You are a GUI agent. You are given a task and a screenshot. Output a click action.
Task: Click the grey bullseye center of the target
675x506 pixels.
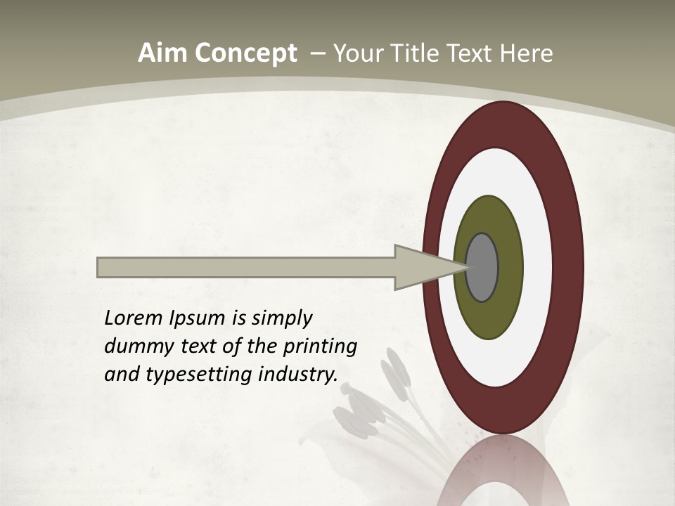(482, 268)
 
